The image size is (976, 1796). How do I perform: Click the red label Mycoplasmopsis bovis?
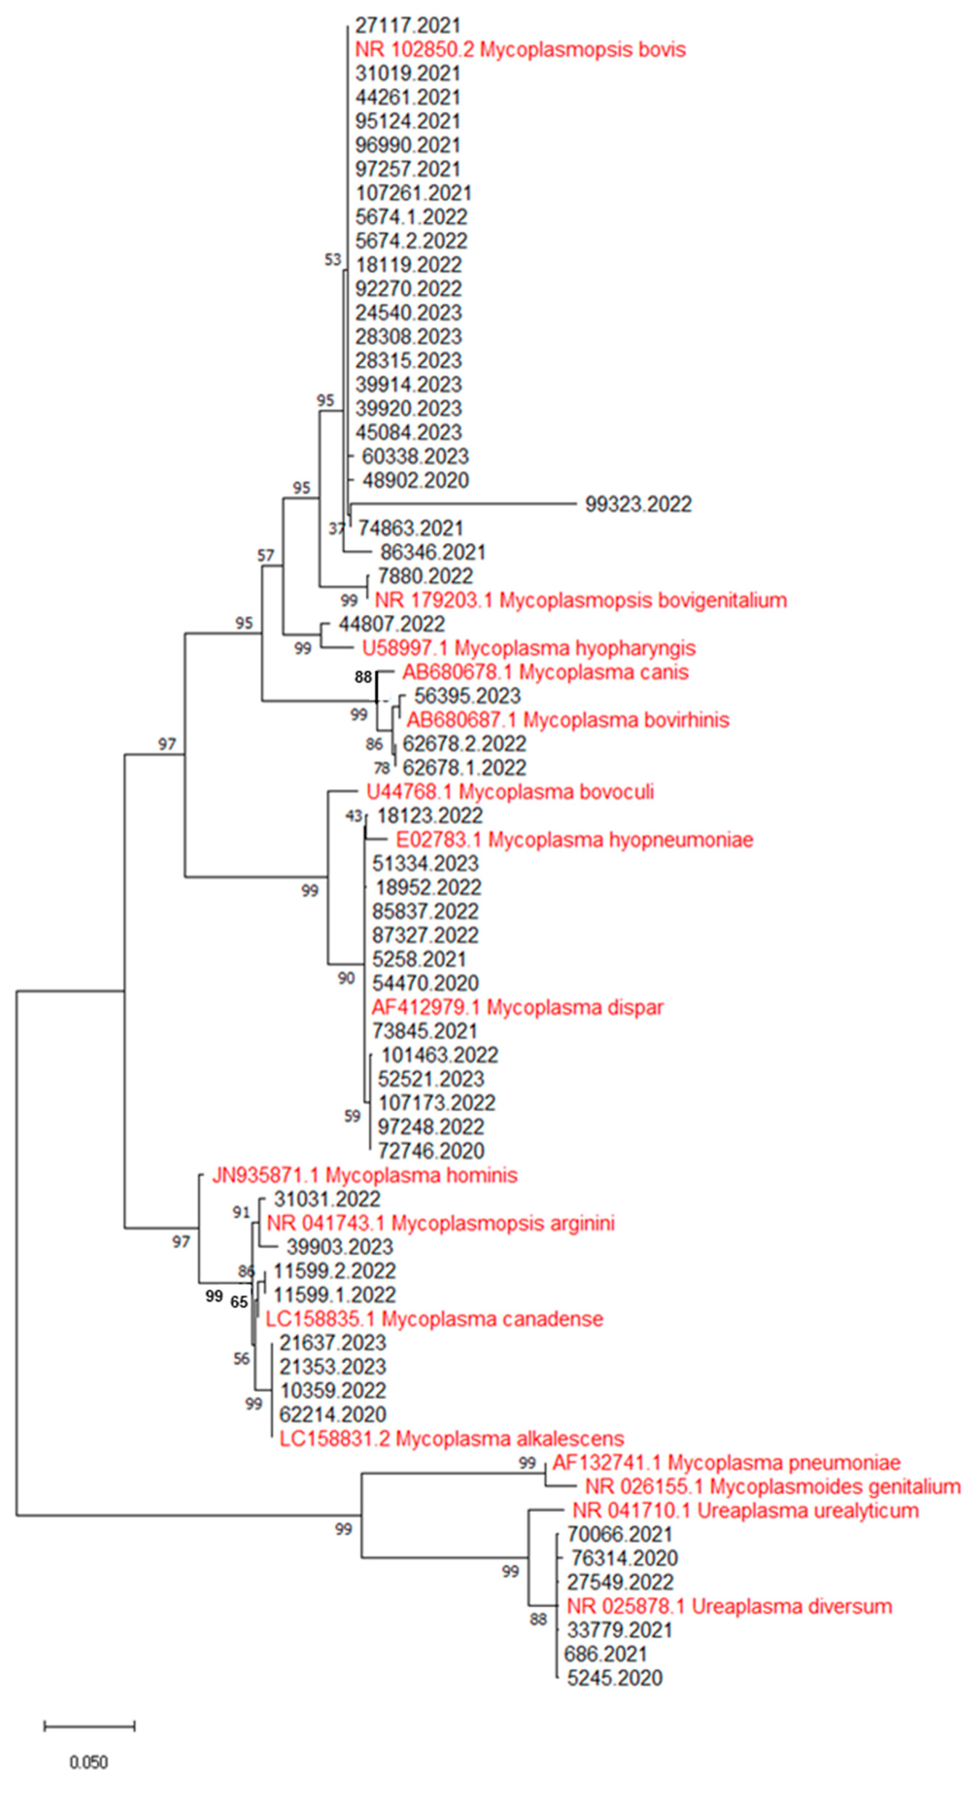pos(520,49)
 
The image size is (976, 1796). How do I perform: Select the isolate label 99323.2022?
pos(638,504)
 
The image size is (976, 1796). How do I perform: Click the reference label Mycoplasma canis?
pos(545,672)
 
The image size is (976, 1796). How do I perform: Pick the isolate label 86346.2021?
pos(432,552)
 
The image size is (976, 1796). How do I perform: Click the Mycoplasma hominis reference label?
pos(364,1176)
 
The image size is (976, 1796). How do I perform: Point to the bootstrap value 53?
pos(333,259)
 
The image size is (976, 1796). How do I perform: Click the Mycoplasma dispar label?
pos(517,1007)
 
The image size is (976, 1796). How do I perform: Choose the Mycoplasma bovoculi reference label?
pos(510,792)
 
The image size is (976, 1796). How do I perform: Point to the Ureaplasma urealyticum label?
pos(745,1511)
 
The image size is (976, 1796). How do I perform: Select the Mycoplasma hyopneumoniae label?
pos(574,839)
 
